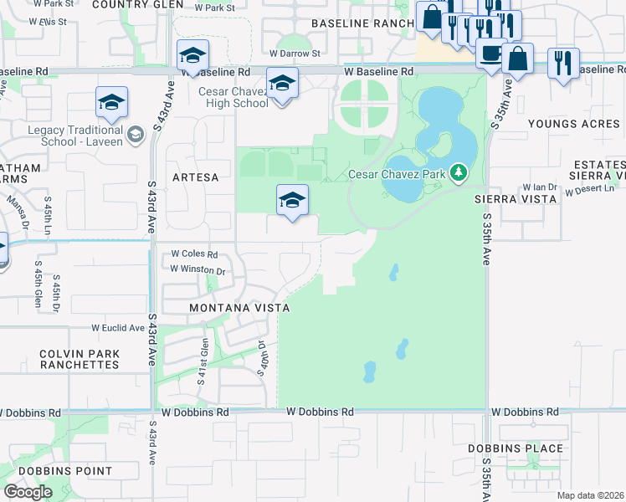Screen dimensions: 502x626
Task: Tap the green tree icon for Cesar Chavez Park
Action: coord(458,174)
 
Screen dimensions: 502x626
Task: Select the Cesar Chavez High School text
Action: coord(233,97)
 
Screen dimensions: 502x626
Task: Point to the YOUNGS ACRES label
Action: coord(575,124)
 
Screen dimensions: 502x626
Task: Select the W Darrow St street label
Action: coord(295,54)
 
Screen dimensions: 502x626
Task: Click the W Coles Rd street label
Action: coord(194,254)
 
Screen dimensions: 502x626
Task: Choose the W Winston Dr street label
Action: coord(198,269)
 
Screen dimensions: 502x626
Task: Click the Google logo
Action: coord(28,492)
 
